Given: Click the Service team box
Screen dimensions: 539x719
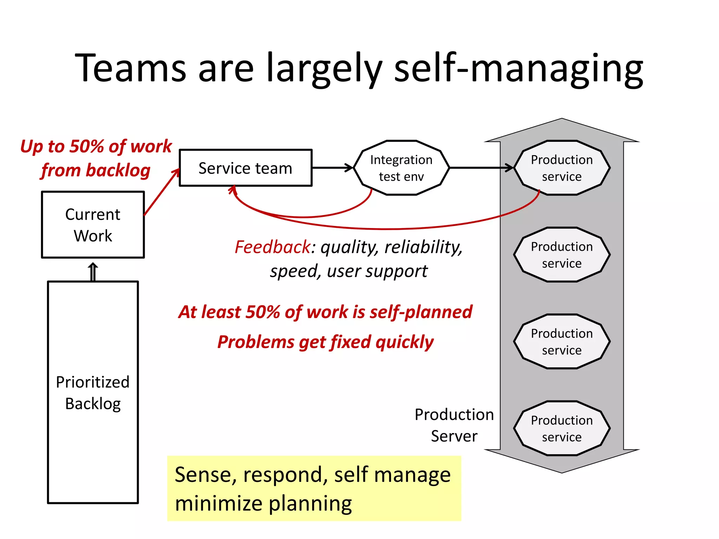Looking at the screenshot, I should click(245, 168).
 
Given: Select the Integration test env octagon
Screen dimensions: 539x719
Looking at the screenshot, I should click(401, 168).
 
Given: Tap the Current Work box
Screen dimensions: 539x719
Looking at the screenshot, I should click(93, 225).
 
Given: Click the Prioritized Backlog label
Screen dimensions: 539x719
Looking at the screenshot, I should click(93, 392).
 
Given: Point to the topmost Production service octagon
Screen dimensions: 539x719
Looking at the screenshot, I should click(562, 168).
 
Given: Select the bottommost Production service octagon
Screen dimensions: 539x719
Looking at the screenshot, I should click(562, 428).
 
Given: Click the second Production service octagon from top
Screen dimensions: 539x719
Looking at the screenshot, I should click(562, 254).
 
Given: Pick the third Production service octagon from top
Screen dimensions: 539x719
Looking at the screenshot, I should click(562, 341).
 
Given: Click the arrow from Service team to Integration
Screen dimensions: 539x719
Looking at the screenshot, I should click(332, 168).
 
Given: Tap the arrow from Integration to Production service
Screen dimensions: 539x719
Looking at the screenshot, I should click(481, 168).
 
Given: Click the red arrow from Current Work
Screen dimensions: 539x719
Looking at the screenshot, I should click(161, 192).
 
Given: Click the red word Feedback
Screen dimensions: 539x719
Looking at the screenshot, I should click(272, 247).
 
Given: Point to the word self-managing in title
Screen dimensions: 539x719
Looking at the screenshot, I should click(519, 68).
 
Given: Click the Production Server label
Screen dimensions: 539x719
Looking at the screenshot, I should click(454, 425).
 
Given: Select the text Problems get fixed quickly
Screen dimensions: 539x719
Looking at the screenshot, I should click(325, 342).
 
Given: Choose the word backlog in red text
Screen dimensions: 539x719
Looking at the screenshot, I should click(118, 170).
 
